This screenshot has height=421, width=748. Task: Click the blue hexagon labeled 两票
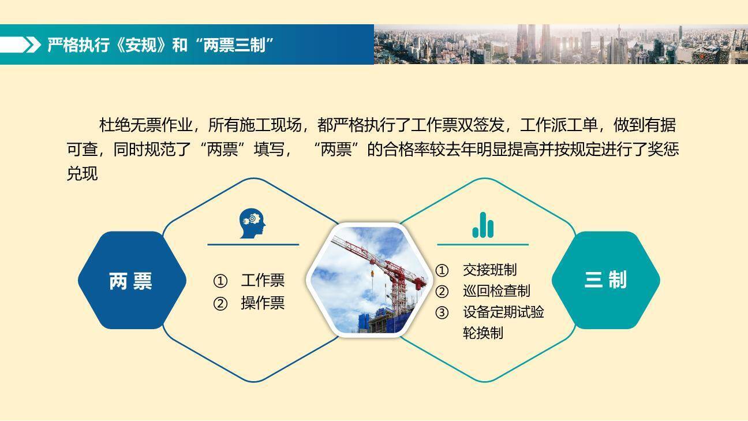coord(132,281)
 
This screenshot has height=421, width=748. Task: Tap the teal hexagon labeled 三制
coord(605,280)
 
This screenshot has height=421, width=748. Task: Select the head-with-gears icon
coord(253,224)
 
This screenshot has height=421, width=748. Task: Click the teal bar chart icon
coord(483,225)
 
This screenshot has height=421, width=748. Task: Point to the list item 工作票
coord(263,281)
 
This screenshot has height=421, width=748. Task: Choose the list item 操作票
coord(263,303)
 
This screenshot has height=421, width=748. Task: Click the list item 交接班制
coord(489,270)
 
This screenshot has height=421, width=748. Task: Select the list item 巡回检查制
coord(496,291)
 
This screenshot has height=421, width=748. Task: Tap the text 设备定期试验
coord(503,312)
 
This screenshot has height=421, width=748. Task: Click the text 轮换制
coord(483,333)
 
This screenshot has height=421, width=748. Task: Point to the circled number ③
coord(442,313)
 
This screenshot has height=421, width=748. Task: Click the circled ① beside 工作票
coord(220,281)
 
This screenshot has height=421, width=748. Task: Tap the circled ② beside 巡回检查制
coord(442,292)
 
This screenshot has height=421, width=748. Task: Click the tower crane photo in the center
coord(369,280)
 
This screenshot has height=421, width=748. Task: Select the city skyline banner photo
coord(560,44)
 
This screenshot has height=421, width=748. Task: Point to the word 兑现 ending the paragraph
coord(83,174)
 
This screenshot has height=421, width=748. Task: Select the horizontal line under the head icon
coord(253,244)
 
